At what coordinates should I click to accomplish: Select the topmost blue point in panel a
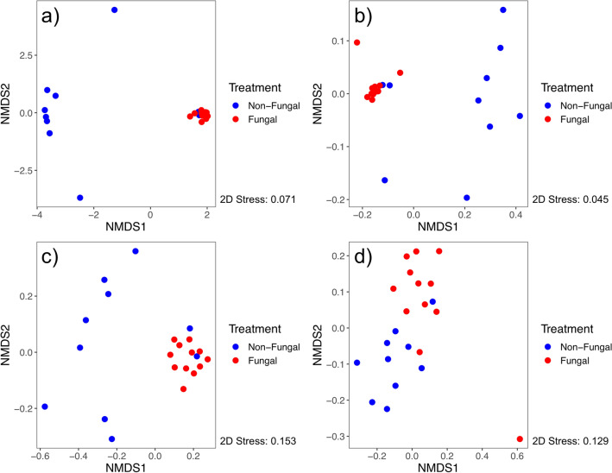pos(115,9)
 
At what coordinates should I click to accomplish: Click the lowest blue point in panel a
pos(80,198)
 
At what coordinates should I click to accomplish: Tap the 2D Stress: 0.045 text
pos(571,199)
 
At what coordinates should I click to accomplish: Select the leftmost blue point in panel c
pos(44,407)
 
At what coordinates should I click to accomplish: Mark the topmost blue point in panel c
pos(136,251)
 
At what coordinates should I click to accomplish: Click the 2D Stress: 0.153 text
pos(258,441)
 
